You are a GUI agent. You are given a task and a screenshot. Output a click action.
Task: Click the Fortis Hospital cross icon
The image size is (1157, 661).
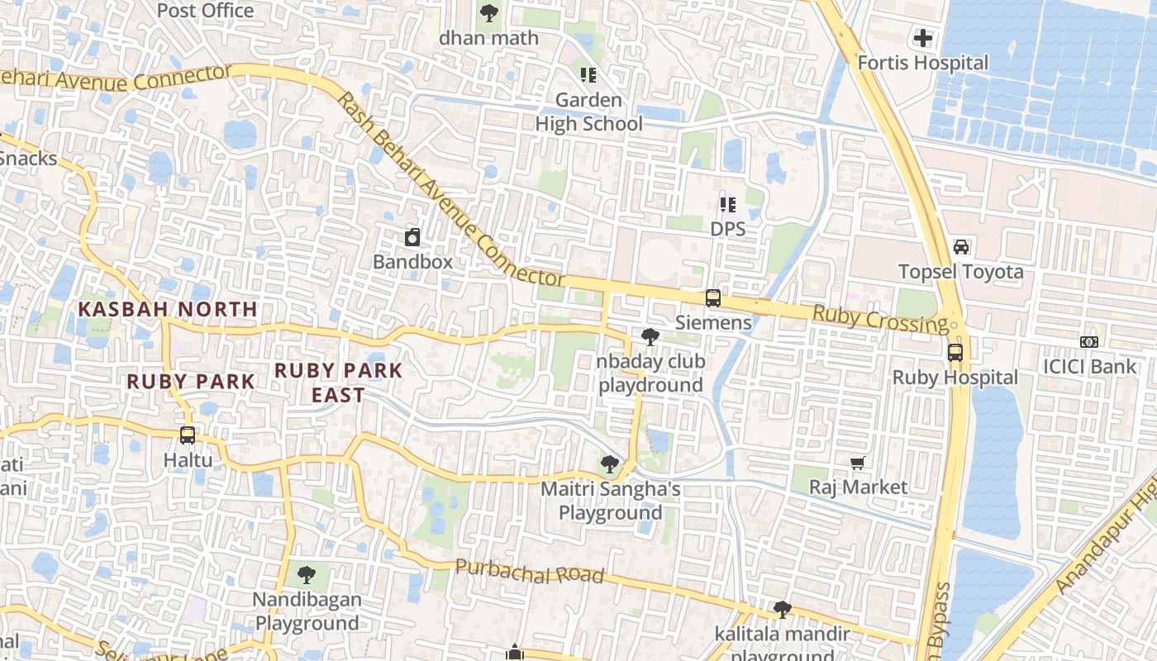tap(922, 38)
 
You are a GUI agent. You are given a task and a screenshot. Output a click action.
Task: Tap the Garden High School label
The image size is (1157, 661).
tap(588, 112)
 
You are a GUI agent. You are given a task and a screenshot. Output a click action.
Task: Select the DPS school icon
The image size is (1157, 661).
tap(727, 204)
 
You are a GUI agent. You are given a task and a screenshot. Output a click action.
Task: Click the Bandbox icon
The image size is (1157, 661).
tap(412, 238)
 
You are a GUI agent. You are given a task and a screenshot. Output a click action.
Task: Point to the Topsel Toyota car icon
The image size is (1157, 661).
tap(961, 247)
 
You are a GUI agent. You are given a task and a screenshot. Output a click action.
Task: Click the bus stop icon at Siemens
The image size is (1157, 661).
tap(712, 298)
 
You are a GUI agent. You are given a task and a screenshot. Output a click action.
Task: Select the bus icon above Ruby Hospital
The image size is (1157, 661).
tap(955, 353)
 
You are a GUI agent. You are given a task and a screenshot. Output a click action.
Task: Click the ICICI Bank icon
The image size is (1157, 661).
tap(1089, 342)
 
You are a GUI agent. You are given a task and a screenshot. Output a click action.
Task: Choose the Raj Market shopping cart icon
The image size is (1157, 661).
tap(858, 464)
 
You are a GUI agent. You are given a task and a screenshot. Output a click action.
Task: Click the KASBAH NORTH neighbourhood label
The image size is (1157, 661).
tap(168, 309)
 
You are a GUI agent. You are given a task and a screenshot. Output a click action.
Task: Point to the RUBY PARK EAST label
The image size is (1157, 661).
tap(338, 383)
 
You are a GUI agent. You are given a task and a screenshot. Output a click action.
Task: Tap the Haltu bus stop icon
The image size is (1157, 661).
tap(188, 435)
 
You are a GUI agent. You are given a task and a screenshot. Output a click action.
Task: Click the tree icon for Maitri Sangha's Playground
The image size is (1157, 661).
tap(610, 464)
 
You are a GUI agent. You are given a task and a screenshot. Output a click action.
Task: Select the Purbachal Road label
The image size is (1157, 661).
tap(529, 571)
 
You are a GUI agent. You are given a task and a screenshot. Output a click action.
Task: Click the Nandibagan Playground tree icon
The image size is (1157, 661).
tap(307, 574)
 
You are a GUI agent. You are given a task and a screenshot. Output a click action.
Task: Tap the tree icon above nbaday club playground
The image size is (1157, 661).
tap(650, 337)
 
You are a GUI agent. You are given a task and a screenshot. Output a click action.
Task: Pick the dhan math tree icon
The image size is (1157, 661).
tap(489, 13)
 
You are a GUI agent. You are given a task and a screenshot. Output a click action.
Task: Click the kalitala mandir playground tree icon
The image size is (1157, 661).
tap(782, 610)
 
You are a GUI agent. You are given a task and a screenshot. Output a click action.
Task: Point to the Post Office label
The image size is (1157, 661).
tap(205, 11)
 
